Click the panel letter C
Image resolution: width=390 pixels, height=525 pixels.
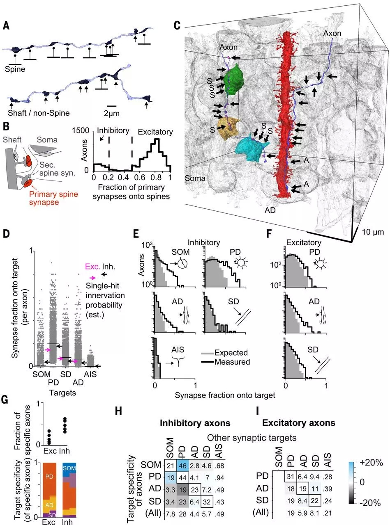point(178,25)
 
